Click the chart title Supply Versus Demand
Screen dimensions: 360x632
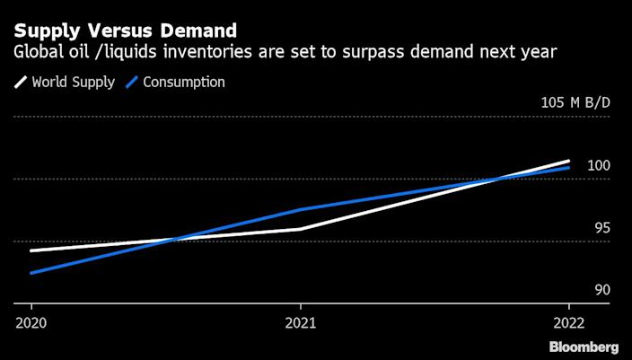click(x=125, y=31)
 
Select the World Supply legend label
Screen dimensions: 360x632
click(x=73, y=83)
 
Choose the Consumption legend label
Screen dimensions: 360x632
click(x=184, y=83)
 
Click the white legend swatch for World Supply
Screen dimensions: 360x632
click(x=20, y=83)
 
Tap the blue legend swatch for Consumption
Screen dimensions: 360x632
click(x=131, y=83)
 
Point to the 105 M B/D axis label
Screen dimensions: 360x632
click(x=575, y=102)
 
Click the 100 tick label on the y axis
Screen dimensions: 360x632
click(x=599, y=166)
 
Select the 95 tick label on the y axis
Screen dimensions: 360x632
click(x=602, y=228)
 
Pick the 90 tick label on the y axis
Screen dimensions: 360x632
click(x=602, y=290)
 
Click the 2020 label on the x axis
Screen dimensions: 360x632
click(x=31, y=321)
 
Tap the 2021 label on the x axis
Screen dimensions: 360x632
click(x=300, y=321)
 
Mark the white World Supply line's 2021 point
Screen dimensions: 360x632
click(x=300, y=229)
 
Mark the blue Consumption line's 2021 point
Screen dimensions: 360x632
click(x=300, y=209)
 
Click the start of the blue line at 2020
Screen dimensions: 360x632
click(x=31, y=273)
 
